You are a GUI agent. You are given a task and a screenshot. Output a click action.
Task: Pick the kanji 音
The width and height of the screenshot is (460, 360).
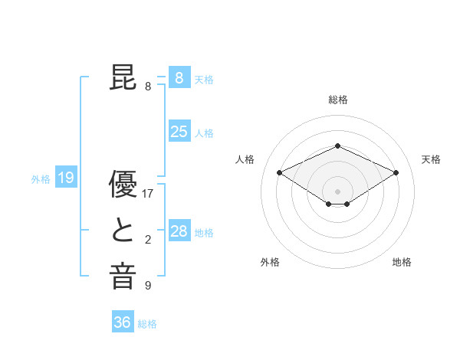pyautogui.click(x=123, y=277)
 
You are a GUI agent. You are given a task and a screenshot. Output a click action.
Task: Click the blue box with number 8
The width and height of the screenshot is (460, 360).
pyautogui.click(x=179, y=77)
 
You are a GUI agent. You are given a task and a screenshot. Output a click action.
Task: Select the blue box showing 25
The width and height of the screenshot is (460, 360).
pyautogui.click(x=179, y=132)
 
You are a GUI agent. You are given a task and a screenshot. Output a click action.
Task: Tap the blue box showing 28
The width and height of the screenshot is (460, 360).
pyautogui.click(x=179, y=231)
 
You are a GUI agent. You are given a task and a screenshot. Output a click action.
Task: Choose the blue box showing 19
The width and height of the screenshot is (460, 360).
pyautogui.click(x=66, y=178)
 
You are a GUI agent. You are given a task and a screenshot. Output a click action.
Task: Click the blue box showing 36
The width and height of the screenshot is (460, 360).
pyautogui.click(x=122, y=322)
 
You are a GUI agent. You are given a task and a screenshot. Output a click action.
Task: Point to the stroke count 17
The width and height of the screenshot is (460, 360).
pyautogui.click(x=148, y=194)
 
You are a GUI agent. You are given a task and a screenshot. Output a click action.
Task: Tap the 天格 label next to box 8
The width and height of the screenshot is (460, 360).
pyautogui.click(x=204, y=79)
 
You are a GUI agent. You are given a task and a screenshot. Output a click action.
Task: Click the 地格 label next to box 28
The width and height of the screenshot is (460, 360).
pyautogui.click(x=204, y=233)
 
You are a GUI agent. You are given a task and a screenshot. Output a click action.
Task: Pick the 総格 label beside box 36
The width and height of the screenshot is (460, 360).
pyautogui.click(x=147, y=324)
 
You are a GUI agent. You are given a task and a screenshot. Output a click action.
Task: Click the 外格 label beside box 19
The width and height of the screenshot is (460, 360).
pyautogui.click(x=41, y=179)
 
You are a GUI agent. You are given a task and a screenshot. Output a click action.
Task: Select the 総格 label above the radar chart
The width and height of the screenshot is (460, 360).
pyautogui.click(x=337, y=100)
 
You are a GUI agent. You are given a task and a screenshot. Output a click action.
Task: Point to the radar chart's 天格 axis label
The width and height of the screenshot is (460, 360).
pyautogui.click(x=431, y=159)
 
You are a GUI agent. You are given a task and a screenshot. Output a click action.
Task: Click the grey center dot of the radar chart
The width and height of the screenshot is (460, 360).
pyautogui.click(x=337, y=190)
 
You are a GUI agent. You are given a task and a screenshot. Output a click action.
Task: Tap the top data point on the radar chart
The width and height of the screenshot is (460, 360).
pyautogui.click(x=337, y=146)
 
